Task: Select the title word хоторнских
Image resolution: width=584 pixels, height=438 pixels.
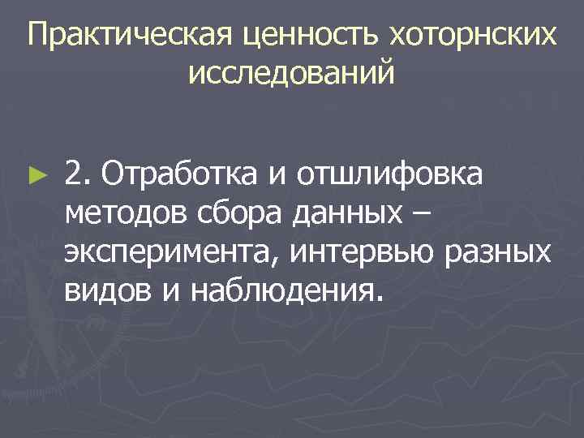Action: click(x=474, y=35)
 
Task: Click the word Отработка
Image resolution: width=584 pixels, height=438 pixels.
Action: click(x=174, y=173)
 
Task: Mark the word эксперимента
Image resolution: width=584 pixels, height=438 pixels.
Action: click(x=172, y=253)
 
